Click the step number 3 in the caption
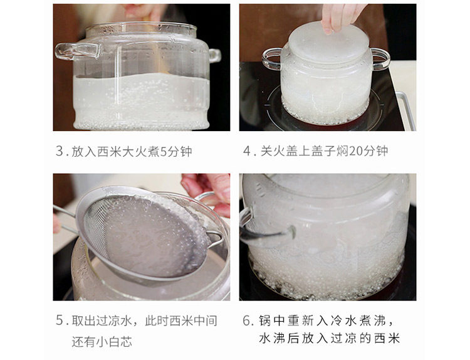click(x=60, y=151)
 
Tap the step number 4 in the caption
click(x=247, y=151)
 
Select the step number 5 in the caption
click(x=60, y=320)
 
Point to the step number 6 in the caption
click(x=247, y=320)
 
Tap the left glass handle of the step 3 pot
click(x=76, y=51)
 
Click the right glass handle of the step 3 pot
click(x=214, y=55)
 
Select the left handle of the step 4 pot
click(x=272, y=59)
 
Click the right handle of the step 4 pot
click(x=380, y=59)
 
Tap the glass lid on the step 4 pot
click(x=328, y=41)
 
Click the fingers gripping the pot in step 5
click(x=207, y=192)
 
